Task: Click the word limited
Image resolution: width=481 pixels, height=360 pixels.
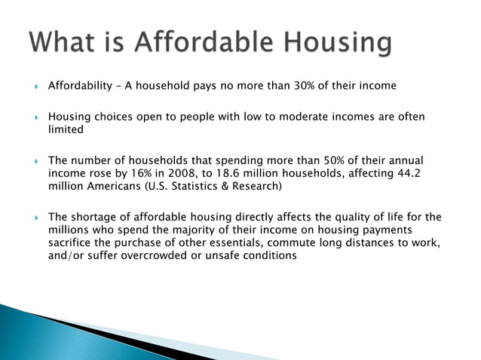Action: click(x=66, y=130)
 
